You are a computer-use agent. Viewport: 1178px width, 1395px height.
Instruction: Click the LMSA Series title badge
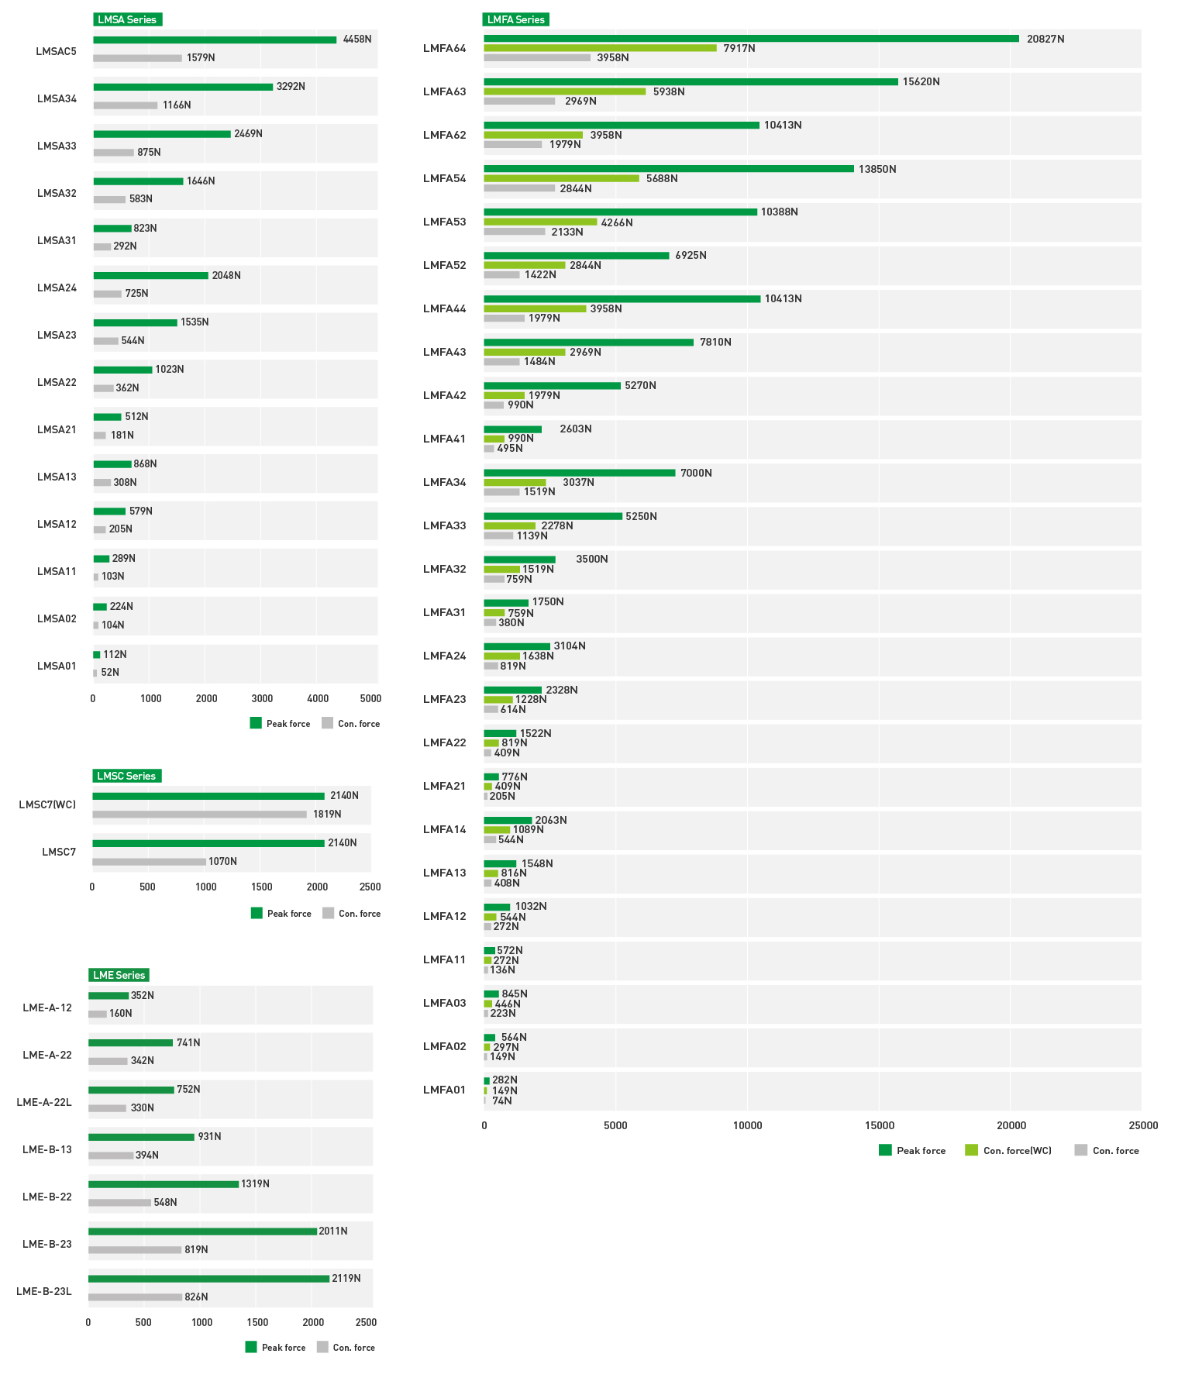click(x=127, y=19)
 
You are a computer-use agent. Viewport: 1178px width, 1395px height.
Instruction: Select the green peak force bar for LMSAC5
click(x=215, y=40)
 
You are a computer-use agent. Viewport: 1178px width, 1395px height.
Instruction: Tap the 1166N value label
click(x=177, y=105)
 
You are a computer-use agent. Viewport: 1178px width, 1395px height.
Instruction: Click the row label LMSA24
click(x=57, y=288)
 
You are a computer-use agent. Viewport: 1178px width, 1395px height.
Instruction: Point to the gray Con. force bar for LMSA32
click(x=109, y=200)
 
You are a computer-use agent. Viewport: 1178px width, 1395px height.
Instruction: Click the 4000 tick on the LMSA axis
click(x=318, y=698)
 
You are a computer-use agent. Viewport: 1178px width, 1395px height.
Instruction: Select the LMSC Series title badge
click(x=126, y=776)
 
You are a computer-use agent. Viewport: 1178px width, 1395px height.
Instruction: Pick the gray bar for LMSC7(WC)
click(x=199, y=815)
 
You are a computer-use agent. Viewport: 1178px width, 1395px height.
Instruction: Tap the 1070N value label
click(x=222, y=862)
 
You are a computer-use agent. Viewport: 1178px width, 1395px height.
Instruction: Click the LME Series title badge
click(x=119, y=975)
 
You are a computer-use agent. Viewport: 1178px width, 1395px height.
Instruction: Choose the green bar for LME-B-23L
click(x=208, y=1279)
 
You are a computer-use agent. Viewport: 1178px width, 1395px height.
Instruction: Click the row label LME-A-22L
click(x=44, y=1102)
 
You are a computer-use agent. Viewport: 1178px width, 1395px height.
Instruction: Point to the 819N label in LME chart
click(x=196, y=1249)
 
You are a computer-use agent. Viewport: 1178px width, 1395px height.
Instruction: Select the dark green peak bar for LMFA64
click(x=751, y=39)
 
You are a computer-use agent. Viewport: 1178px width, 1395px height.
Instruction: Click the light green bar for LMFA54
click(x=561, y=179)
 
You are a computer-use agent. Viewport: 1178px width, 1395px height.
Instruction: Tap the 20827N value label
click(x=1045, y=39)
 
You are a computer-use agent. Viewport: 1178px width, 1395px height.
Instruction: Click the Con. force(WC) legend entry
click(x=1008, y=1150)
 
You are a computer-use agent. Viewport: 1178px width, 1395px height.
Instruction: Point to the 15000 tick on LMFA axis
click(x=879, y=1125)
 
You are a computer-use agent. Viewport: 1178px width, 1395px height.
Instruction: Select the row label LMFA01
click(x=444, y=1090)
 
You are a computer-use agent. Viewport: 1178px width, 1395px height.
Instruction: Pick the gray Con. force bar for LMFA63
click(x=519, y=102)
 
